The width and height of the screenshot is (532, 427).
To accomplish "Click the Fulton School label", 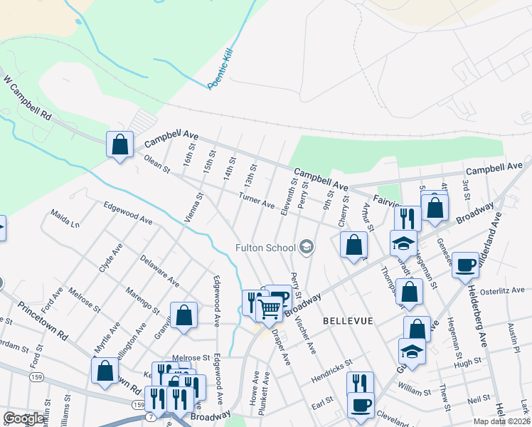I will [x=266, y=248].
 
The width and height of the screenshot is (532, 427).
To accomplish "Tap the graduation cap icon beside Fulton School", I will [x=307, y=247].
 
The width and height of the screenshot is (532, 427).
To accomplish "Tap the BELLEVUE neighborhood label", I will [x=348, y=321].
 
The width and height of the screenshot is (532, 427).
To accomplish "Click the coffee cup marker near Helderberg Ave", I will [x=465, y=265].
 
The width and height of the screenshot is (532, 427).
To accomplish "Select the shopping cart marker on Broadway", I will [x=270, y=309].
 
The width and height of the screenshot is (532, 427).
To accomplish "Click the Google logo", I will [x=24, y=418].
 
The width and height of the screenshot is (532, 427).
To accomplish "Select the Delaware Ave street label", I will [x=159, y=271].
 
